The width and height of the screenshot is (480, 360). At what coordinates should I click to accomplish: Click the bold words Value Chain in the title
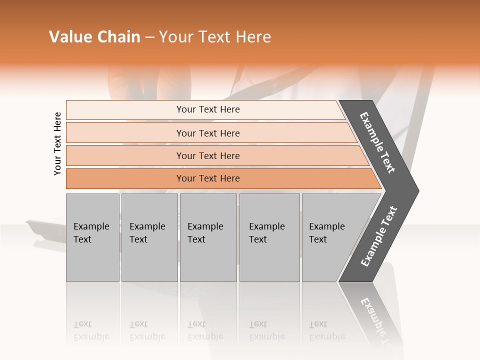[94, 37]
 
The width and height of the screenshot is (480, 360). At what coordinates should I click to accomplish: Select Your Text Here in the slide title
[215, 37]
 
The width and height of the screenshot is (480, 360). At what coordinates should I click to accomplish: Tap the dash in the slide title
[149, 37]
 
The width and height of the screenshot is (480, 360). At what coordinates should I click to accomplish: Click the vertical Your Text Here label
[58, 143]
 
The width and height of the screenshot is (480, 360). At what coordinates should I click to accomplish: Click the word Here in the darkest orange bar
[229, 178]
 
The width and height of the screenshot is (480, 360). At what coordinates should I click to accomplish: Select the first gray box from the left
[92, 237]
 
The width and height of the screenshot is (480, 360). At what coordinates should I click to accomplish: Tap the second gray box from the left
[149, 237]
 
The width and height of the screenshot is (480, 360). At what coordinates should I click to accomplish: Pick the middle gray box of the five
[208, 237]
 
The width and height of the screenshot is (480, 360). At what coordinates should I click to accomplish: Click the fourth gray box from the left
[269, 237]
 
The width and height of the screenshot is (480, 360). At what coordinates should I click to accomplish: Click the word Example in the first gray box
[91, 226]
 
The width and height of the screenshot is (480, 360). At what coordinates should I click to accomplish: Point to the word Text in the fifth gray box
[317, 239]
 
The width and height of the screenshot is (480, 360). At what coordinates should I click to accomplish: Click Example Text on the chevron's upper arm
[377, 143]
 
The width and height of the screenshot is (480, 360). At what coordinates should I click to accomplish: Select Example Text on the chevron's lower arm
[378, 236]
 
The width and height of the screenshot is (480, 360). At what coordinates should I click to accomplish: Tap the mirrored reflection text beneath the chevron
[375, 315]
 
